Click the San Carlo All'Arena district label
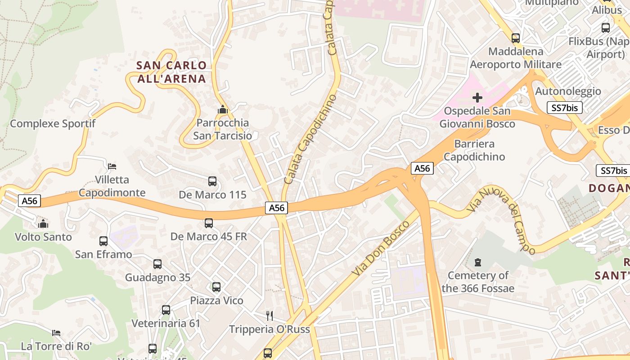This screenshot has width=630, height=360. [x=171, y=72]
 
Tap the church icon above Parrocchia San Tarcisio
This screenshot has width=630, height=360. [x=222, y=109]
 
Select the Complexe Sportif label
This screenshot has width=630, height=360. [x=53, y=123]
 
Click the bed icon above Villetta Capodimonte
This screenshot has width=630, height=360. [x=112, y=166]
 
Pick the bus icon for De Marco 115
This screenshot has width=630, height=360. [x=212, y=181]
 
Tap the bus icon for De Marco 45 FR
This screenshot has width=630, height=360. [x=209, y=223]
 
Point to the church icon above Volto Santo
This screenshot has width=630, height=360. [x=43, y=224]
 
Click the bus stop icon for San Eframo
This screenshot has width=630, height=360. [x=103, y=241]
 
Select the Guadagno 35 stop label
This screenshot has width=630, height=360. [x=157, y=277]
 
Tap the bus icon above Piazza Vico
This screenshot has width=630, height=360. [x=216, y=287]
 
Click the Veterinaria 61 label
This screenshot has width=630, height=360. [x=166, y=323]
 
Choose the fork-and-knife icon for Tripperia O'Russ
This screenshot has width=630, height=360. [x=270, y=315]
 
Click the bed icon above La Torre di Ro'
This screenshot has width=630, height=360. [x=56, y=333]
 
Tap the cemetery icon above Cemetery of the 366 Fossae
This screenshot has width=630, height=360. [x=478, y=262]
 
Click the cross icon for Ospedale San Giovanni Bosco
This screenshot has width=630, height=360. [x=477, y=97]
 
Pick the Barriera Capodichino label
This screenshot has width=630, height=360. [x=474, y=150]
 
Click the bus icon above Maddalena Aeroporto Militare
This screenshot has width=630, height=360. [x=516, y=38]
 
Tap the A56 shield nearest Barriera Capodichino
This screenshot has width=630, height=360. [x=422, y=168]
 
